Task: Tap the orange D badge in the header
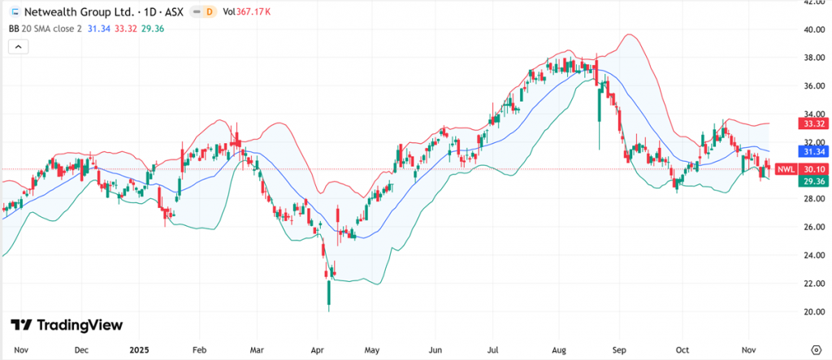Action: pos(209,11)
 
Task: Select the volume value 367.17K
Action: pos(253,11)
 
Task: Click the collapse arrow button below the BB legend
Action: pos(19,47)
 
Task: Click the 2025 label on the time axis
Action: pos(140,350)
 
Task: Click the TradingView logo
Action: pos(67,325)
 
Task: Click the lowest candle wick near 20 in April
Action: pos(328,309)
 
